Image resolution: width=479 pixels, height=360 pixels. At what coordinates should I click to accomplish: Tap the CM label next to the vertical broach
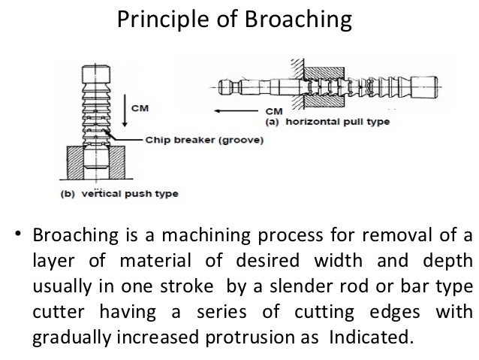click(x=140, y=108)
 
